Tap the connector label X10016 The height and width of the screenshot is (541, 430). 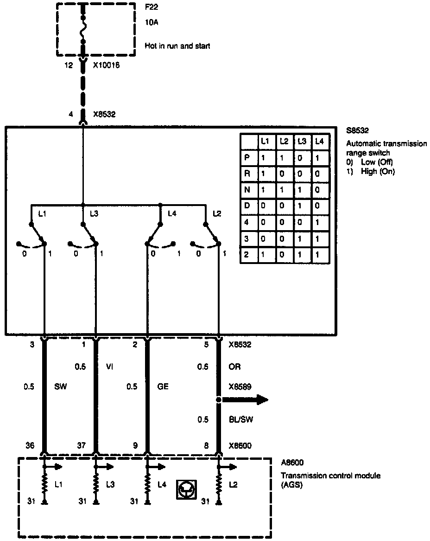107,65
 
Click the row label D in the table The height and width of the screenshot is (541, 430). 247,206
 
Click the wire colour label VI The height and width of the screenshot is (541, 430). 110,367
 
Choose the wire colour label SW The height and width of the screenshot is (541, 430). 60,386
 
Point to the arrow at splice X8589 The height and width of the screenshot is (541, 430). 253,399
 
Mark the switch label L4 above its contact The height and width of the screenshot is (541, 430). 172,213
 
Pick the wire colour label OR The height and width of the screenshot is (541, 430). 235,367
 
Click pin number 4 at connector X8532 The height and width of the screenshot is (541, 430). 71,114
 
